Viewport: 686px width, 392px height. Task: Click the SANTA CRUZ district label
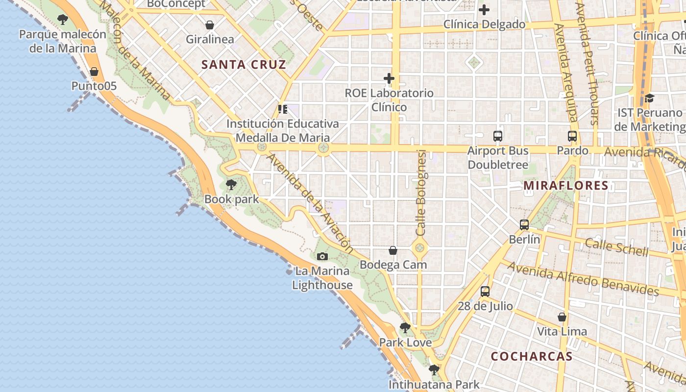(x=244, y=64)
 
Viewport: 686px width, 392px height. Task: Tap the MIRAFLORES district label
(x=566, y=186)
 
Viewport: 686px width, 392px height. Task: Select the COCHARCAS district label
(x=532, y=356)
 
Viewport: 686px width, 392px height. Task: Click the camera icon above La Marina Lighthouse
(x=322, y=256)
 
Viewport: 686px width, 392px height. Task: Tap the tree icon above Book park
(x=231, y=185)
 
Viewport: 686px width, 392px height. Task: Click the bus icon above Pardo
(x=572, y=136)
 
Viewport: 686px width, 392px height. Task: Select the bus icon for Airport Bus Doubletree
(x=498, y=136)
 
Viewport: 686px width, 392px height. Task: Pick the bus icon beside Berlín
(x=524, y=225)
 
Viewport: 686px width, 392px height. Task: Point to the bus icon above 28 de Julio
(x=485, y=292)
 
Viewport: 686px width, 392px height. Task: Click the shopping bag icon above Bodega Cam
(x=393, y=250)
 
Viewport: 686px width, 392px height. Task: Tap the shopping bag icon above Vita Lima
(x=562, y=317)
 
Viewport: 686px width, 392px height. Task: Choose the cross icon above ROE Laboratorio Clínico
(x=389, y=78)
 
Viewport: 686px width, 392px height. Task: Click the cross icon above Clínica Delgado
(x=484, y=10)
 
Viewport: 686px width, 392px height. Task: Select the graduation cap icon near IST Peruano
(x=649, y=98)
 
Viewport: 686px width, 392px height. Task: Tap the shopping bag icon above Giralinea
(x=210, y=25)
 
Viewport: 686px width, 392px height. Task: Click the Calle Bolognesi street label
(x=421, y=193)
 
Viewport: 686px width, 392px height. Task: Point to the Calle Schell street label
(x=616, y=247)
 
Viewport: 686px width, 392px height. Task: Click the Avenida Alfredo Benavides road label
(x=583, y=278)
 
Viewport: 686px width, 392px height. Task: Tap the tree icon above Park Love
(x=405, y=328)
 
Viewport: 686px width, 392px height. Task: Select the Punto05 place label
(x=94, y=86)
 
